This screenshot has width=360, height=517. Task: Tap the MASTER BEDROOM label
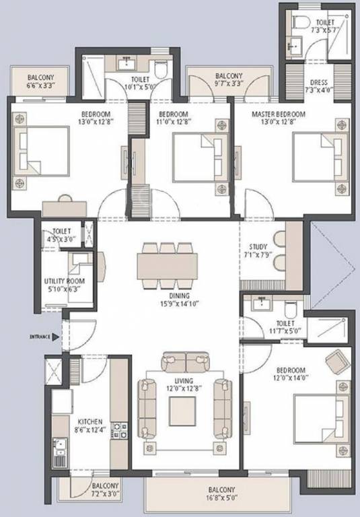point(279,114)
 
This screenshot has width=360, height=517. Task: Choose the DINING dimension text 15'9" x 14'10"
point(180,304)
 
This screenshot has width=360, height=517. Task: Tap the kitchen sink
point(59,449)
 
